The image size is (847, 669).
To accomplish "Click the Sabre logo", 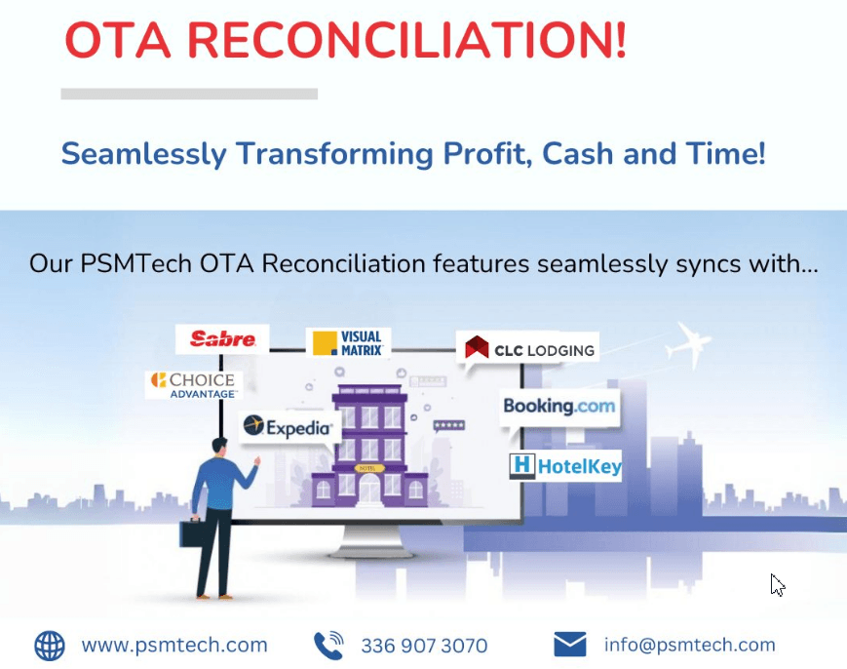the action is pos(222,338).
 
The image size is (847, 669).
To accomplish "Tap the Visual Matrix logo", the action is pos(348,342).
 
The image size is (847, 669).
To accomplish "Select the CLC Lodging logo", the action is pos(527,348).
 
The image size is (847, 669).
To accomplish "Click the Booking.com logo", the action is pos(559,406).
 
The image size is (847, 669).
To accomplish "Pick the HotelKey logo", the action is pos(565,465).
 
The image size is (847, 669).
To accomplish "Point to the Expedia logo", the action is pos(288,427).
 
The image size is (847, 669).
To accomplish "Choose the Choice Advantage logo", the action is pos(193,385).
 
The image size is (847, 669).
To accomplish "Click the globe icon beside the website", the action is pos(50,646).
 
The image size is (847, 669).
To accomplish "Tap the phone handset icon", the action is pos(328,646).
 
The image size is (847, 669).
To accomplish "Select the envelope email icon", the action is pos(570,645).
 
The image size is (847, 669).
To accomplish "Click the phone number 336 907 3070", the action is pos(424,646).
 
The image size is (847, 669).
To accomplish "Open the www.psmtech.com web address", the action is pos(174,646).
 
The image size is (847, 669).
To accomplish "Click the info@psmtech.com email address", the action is pos(690,645).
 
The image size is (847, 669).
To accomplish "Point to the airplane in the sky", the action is pos(688,341).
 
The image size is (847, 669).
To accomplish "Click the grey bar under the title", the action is pos(189,94).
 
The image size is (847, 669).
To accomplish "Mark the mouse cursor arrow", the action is pos(778,585).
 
